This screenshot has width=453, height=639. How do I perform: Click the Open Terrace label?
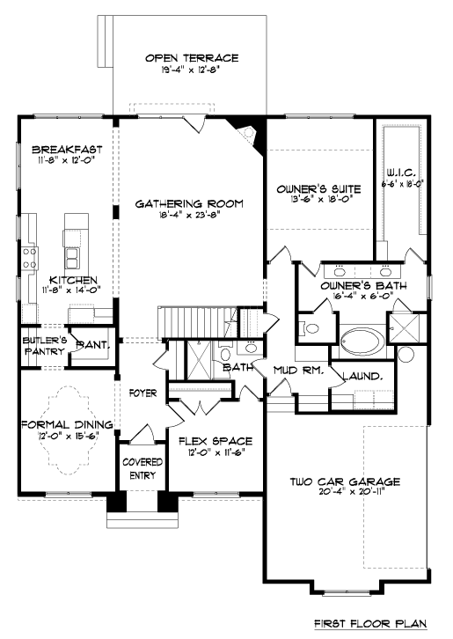[x=192, y=58]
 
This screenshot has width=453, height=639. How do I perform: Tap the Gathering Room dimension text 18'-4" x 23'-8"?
[x=191, y=215]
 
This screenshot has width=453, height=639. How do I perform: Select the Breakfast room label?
[x=67, y=150]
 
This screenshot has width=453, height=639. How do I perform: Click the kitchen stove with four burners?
[x=29, y=259]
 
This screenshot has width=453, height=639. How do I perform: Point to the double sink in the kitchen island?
[x=72, y=258]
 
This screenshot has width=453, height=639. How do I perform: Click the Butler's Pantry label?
[x=44, y=346]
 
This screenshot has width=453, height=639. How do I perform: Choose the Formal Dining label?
[x=67, y=424]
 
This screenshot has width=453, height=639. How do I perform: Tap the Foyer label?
[x=142, y=393]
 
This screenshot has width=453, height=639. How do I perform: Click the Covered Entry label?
[x=142, y=468]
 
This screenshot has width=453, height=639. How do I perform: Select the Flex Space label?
[x=216, y=441]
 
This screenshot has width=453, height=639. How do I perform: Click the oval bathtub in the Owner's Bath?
[x=360, y=340]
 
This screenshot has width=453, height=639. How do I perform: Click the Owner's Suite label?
[x=318, y=189]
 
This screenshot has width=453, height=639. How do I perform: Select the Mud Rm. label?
[x=298, y=371]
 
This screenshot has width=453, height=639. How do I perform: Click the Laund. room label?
[x=362, y=376]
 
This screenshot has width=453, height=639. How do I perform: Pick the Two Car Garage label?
[x=345, y=481]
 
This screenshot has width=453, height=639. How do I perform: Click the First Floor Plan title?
[x=370, y=623]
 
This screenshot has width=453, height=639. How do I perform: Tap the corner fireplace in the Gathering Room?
[x=245, y=132]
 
